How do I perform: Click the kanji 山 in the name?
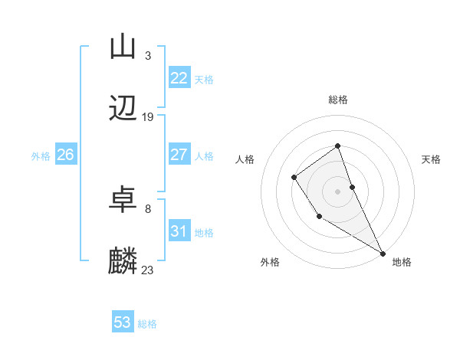point(123,47)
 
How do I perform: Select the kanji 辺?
point(123,109)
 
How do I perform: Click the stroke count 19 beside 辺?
point(148,117)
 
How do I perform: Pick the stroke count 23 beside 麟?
point(148,270)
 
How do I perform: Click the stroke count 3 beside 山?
point(148,55)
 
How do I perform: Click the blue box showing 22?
point(179,78)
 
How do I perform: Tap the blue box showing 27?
point(179,155)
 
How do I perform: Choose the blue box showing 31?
point(179,231)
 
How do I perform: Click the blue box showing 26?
point(65,155)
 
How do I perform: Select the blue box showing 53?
point(123,322)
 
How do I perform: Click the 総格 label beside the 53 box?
point(147,324)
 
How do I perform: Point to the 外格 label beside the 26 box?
point(41,156)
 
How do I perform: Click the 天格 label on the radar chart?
point(431,159)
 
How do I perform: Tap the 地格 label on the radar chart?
point(402,262)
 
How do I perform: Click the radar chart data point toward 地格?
point(383,253)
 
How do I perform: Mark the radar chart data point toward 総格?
point(337,146)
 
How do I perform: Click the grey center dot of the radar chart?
point(337,190)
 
